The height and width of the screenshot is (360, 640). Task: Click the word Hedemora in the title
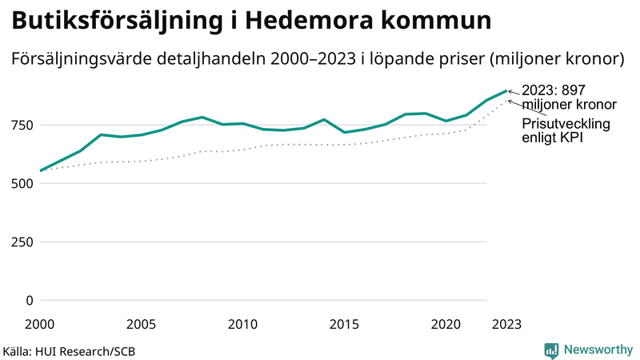click(x=301, y=21)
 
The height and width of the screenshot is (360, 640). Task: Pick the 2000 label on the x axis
click(x=40, y=324)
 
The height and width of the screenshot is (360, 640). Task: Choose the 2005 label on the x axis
click(x=141, y=324)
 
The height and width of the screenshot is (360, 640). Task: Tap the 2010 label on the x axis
click(x=242, y=324)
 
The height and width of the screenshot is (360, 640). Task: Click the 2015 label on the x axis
click(x=344, y=324)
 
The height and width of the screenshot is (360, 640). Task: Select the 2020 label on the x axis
click(x=446, y=324)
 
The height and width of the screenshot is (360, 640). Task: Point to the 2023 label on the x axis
click(x=506, y=324)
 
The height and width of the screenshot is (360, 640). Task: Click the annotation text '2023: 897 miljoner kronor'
click(x=568, y=98)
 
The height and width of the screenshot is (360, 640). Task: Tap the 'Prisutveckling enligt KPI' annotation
click(x=566, y=131)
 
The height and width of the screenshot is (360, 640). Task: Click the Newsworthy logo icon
click(x=551, y=350)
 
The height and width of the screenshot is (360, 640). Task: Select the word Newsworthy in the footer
click(x=598, y=350)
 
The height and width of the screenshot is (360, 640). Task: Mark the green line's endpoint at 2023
click(x=506, y=90)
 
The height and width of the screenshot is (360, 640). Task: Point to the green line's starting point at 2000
click(x=40, y=170)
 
